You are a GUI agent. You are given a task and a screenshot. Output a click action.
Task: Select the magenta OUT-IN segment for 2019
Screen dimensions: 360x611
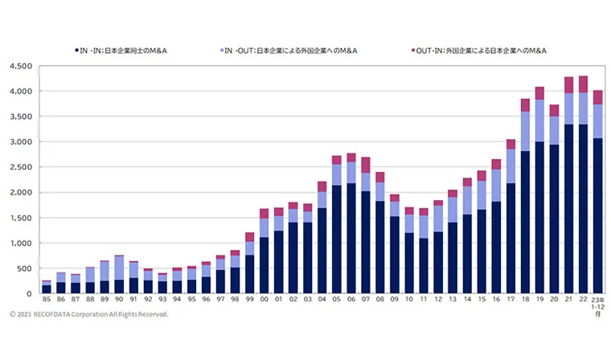539,93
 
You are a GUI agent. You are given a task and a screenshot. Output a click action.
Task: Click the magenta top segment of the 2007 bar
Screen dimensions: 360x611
366,165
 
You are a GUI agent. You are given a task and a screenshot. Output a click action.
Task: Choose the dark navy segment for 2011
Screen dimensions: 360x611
424,265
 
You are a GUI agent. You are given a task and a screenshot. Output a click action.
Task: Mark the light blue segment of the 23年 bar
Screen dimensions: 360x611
597,121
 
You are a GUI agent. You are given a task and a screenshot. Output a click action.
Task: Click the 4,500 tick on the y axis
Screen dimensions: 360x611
20,67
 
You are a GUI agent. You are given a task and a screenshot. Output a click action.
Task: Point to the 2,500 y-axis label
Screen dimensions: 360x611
20,167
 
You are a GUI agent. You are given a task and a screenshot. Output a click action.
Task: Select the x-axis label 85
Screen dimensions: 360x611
47,300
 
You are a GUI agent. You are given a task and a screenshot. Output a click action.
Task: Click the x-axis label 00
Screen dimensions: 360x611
264,300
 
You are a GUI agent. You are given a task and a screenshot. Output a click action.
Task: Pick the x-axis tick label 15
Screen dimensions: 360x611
482,300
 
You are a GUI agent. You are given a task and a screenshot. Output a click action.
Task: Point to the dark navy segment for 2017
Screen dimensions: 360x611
511,238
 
